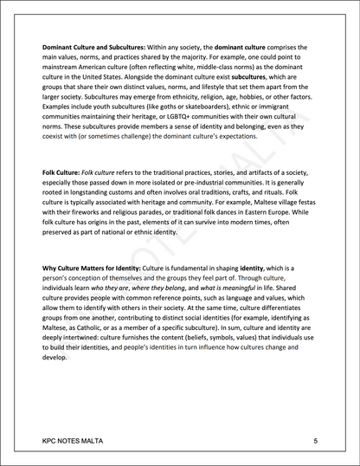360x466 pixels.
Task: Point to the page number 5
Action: tap(316, 441)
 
